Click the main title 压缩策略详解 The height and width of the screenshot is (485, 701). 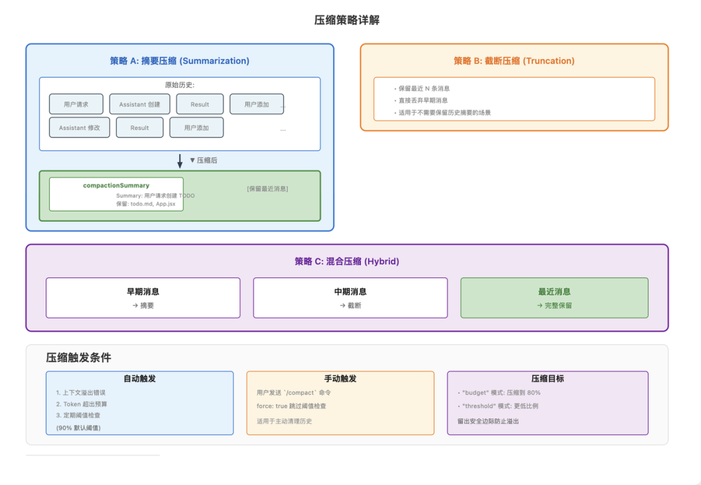(347, 20)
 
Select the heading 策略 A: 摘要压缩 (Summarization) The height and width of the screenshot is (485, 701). (179, 61)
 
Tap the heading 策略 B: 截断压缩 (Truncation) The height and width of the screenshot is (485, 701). (513, 61)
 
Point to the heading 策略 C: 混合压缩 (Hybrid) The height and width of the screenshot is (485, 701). (347, 261)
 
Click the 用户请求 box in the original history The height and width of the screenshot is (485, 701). (76, 104)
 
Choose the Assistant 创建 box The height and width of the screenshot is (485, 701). (140, 104)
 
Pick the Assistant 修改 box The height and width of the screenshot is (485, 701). (79, 128)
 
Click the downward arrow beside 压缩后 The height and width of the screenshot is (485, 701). (180, 161)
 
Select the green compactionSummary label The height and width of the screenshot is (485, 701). (116, 185)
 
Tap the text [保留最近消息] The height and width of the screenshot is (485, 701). (267, 189)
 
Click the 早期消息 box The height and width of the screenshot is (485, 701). (143, 298)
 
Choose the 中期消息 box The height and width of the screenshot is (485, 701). (350, 298)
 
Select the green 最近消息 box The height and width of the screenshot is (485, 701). (554, 298)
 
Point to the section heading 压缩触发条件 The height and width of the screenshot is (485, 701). (79, 358)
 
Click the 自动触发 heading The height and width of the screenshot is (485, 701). (140, 379)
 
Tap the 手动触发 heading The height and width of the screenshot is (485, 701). (340, 379)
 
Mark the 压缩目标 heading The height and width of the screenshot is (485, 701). (547, 379)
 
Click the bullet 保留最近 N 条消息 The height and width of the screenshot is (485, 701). (424, 89)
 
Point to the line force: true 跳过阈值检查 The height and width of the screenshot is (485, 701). (291, 406)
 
